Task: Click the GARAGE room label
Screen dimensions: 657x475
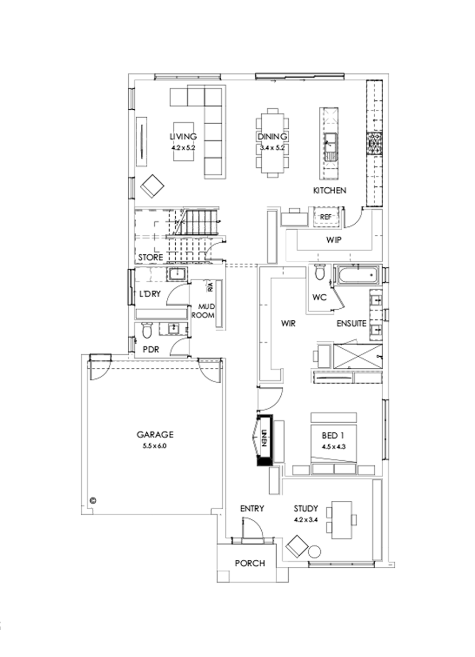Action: pyautogui.click(x=155, y=435)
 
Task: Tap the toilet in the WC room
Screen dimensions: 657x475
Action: pyautogui.click(x=319, y=273)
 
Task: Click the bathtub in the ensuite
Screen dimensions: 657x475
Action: pyautogui.click(x=357, y=275)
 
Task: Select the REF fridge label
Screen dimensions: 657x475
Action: pyautogui.click(x=325, y=216)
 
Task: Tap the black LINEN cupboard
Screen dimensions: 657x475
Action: pyautogui.click(x=263, y=440)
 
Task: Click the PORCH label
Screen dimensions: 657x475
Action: pyautogui.click(x=250, y=563)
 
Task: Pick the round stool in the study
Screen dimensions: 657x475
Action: pyautogui.click(x=315, y=552)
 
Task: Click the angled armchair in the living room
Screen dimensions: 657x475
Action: pyautogui.click(x=153, y=186)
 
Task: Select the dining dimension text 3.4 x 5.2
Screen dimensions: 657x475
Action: pyautogui.click(x=272, y=148)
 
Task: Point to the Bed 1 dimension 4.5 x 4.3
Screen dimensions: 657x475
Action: pyautogui.click(x=332, y=446)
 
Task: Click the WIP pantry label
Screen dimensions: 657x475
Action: pyautogui.click(x=333, y=240)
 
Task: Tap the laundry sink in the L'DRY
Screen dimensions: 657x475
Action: pyautogui.click(x=176, y=274)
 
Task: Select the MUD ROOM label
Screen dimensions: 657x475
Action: pyautogui.click(x=206, y=311)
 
